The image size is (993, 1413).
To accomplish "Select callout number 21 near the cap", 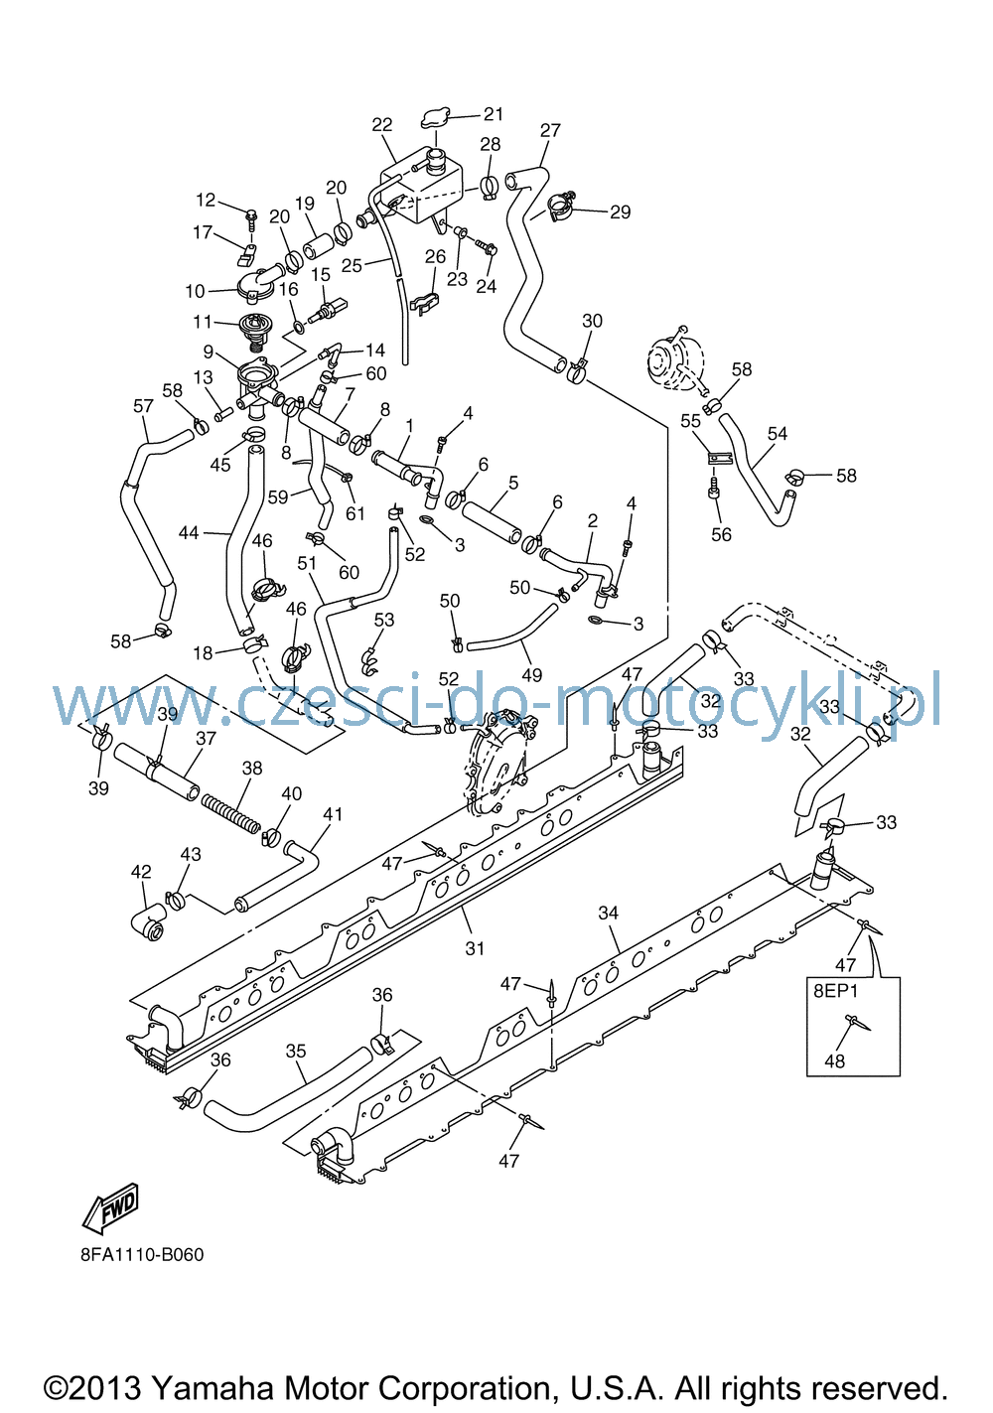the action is click(x=494, y=114).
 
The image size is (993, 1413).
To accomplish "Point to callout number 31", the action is click(x=475, y=948).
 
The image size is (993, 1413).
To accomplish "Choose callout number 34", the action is click(x=608, y=913).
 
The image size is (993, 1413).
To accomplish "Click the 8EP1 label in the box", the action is click(x=835, y=991).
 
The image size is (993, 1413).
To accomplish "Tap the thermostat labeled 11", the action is click(x=255, y=331).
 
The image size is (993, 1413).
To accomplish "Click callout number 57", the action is click(x=143, y=405).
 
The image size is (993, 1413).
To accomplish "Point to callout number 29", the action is click(x=621, y=212).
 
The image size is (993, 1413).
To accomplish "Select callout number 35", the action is click(x=296, y=1051).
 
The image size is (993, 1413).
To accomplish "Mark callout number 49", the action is click(x=532, y=675).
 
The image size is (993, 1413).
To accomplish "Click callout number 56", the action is click(x=721, y=534).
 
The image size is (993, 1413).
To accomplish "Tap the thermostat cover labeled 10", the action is click(x=255, y=283).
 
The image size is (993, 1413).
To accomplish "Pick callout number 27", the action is click(x=550, y=131).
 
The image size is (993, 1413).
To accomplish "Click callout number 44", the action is click(x=189, y=533).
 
